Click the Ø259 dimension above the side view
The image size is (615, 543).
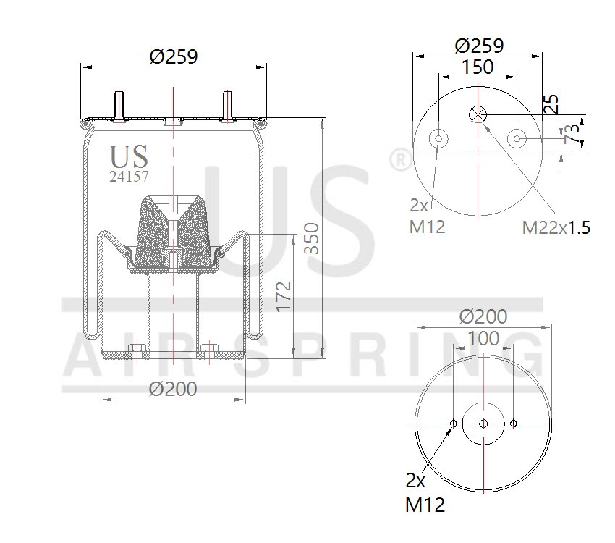(174, 56)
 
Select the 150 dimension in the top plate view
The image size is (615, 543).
(478, 67)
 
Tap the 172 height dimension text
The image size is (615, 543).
(284, 296)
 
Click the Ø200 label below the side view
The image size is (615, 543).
(173, 389)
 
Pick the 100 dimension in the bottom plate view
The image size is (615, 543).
(483, 338)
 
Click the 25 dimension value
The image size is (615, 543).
(551, 104)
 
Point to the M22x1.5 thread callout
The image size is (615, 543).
(556, 227)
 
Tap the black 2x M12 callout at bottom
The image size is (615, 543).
(425, 492)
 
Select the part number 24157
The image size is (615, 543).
(129, 176)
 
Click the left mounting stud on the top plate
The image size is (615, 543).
(119, 106)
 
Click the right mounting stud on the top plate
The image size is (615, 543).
(227, 106)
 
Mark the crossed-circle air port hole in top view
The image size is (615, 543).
(478, 114)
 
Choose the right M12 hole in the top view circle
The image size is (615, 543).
(517, 138)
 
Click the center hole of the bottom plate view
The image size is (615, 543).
(483, 424)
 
